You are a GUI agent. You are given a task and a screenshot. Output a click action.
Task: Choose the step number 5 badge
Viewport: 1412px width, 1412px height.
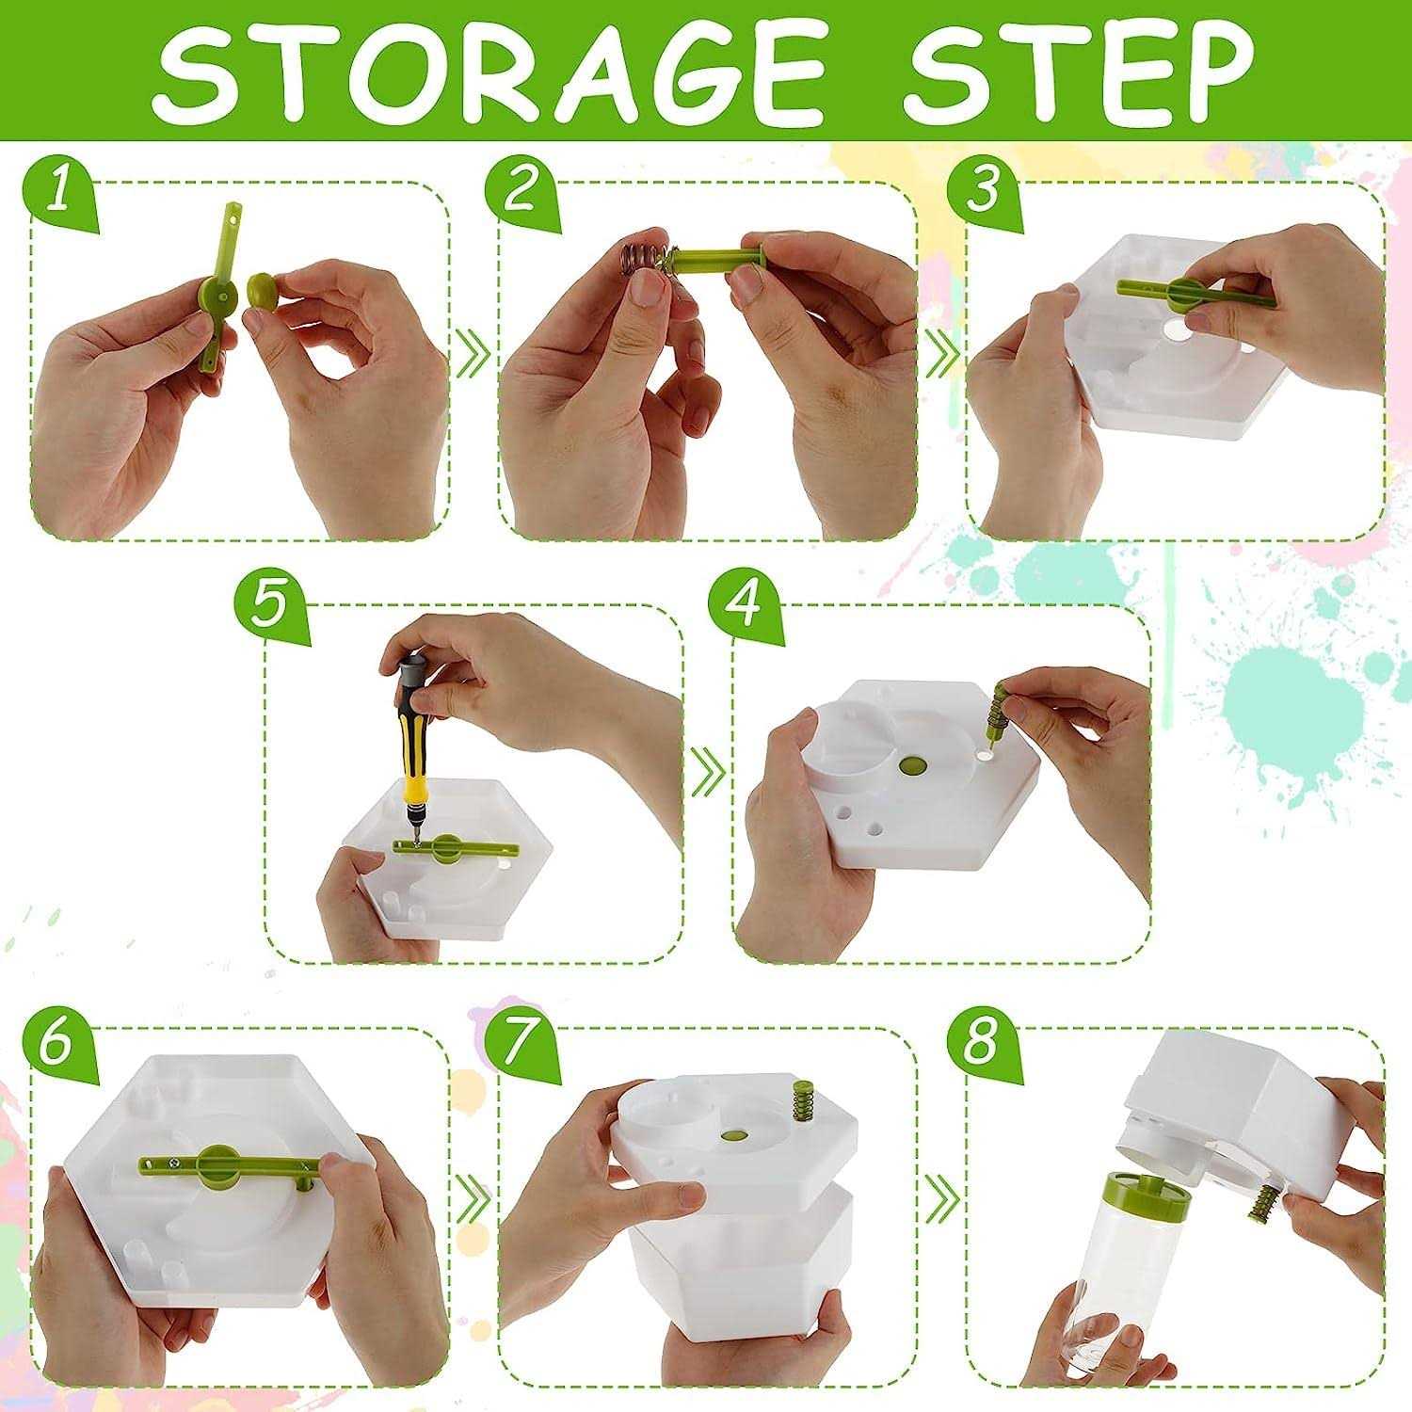coord(273,605)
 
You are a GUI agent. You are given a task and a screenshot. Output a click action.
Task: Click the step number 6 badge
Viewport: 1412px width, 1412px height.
coord(60,1045)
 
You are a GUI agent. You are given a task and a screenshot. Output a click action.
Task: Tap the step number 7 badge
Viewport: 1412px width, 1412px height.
coord(520,1045)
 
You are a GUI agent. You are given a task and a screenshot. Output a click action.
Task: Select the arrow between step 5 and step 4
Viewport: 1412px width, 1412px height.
coord(708,772)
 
